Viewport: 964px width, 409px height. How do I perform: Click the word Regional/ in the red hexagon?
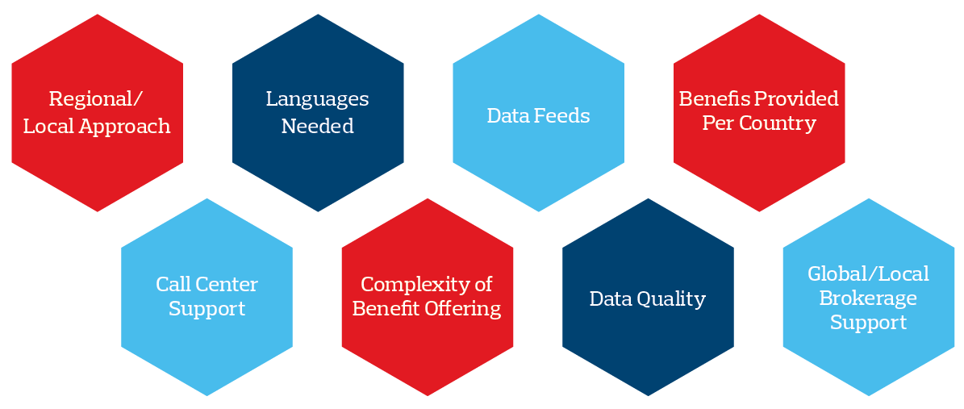[96, 99]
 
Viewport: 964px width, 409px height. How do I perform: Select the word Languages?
[317, 99]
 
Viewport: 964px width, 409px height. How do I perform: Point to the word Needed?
[317, 127]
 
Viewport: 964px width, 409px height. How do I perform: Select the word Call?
[173, 284]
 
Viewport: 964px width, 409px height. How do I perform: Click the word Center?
[227, 284]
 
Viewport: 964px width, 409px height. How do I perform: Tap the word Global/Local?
[868, 274]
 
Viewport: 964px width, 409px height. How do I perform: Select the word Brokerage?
[868, 298]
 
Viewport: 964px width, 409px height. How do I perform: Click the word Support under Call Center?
[207, 309]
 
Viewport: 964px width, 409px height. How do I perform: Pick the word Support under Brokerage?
[868, 323]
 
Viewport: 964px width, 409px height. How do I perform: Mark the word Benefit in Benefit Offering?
[384, 309]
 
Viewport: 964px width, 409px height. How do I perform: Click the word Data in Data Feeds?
[506, 116]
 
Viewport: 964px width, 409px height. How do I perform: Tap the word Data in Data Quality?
[609, 299]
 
